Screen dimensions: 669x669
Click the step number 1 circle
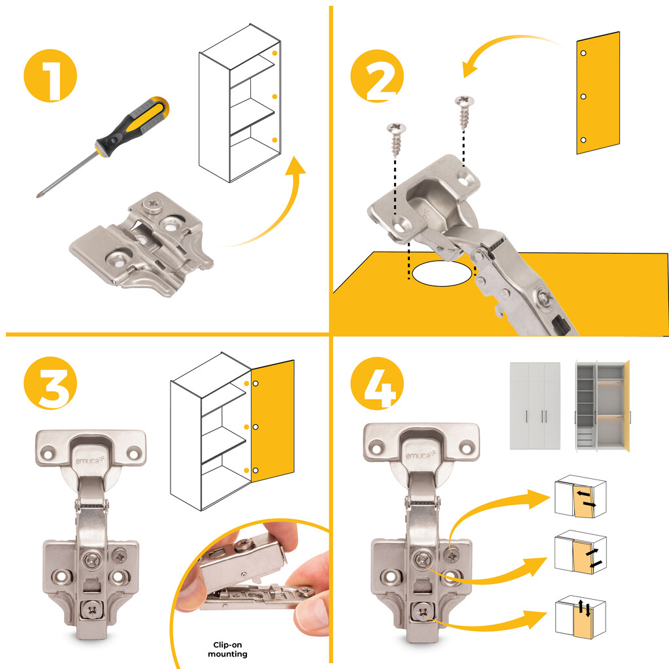tap(50, 76)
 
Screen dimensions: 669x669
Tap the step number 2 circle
tap(377, 76)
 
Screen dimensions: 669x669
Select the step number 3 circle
tap(50, 383)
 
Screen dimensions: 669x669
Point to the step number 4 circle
tap(377, 383)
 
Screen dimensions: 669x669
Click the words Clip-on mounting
tap(227, 649)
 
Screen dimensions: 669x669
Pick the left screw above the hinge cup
tap(397, 139)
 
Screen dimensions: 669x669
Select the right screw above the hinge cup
tap(465, 112)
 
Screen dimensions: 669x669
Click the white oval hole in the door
tap(442, 273)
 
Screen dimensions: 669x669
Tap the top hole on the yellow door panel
tap(583, 54)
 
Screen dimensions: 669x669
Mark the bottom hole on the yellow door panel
tap(583, 140)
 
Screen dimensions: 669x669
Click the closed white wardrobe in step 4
tap(535, 405)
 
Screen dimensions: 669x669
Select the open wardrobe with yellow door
tap(602, 406)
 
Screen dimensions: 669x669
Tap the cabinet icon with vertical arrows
tap(580, 617)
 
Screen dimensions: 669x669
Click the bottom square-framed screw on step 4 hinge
tap(423, 612)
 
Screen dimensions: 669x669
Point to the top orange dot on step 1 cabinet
tap(275, 54)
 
